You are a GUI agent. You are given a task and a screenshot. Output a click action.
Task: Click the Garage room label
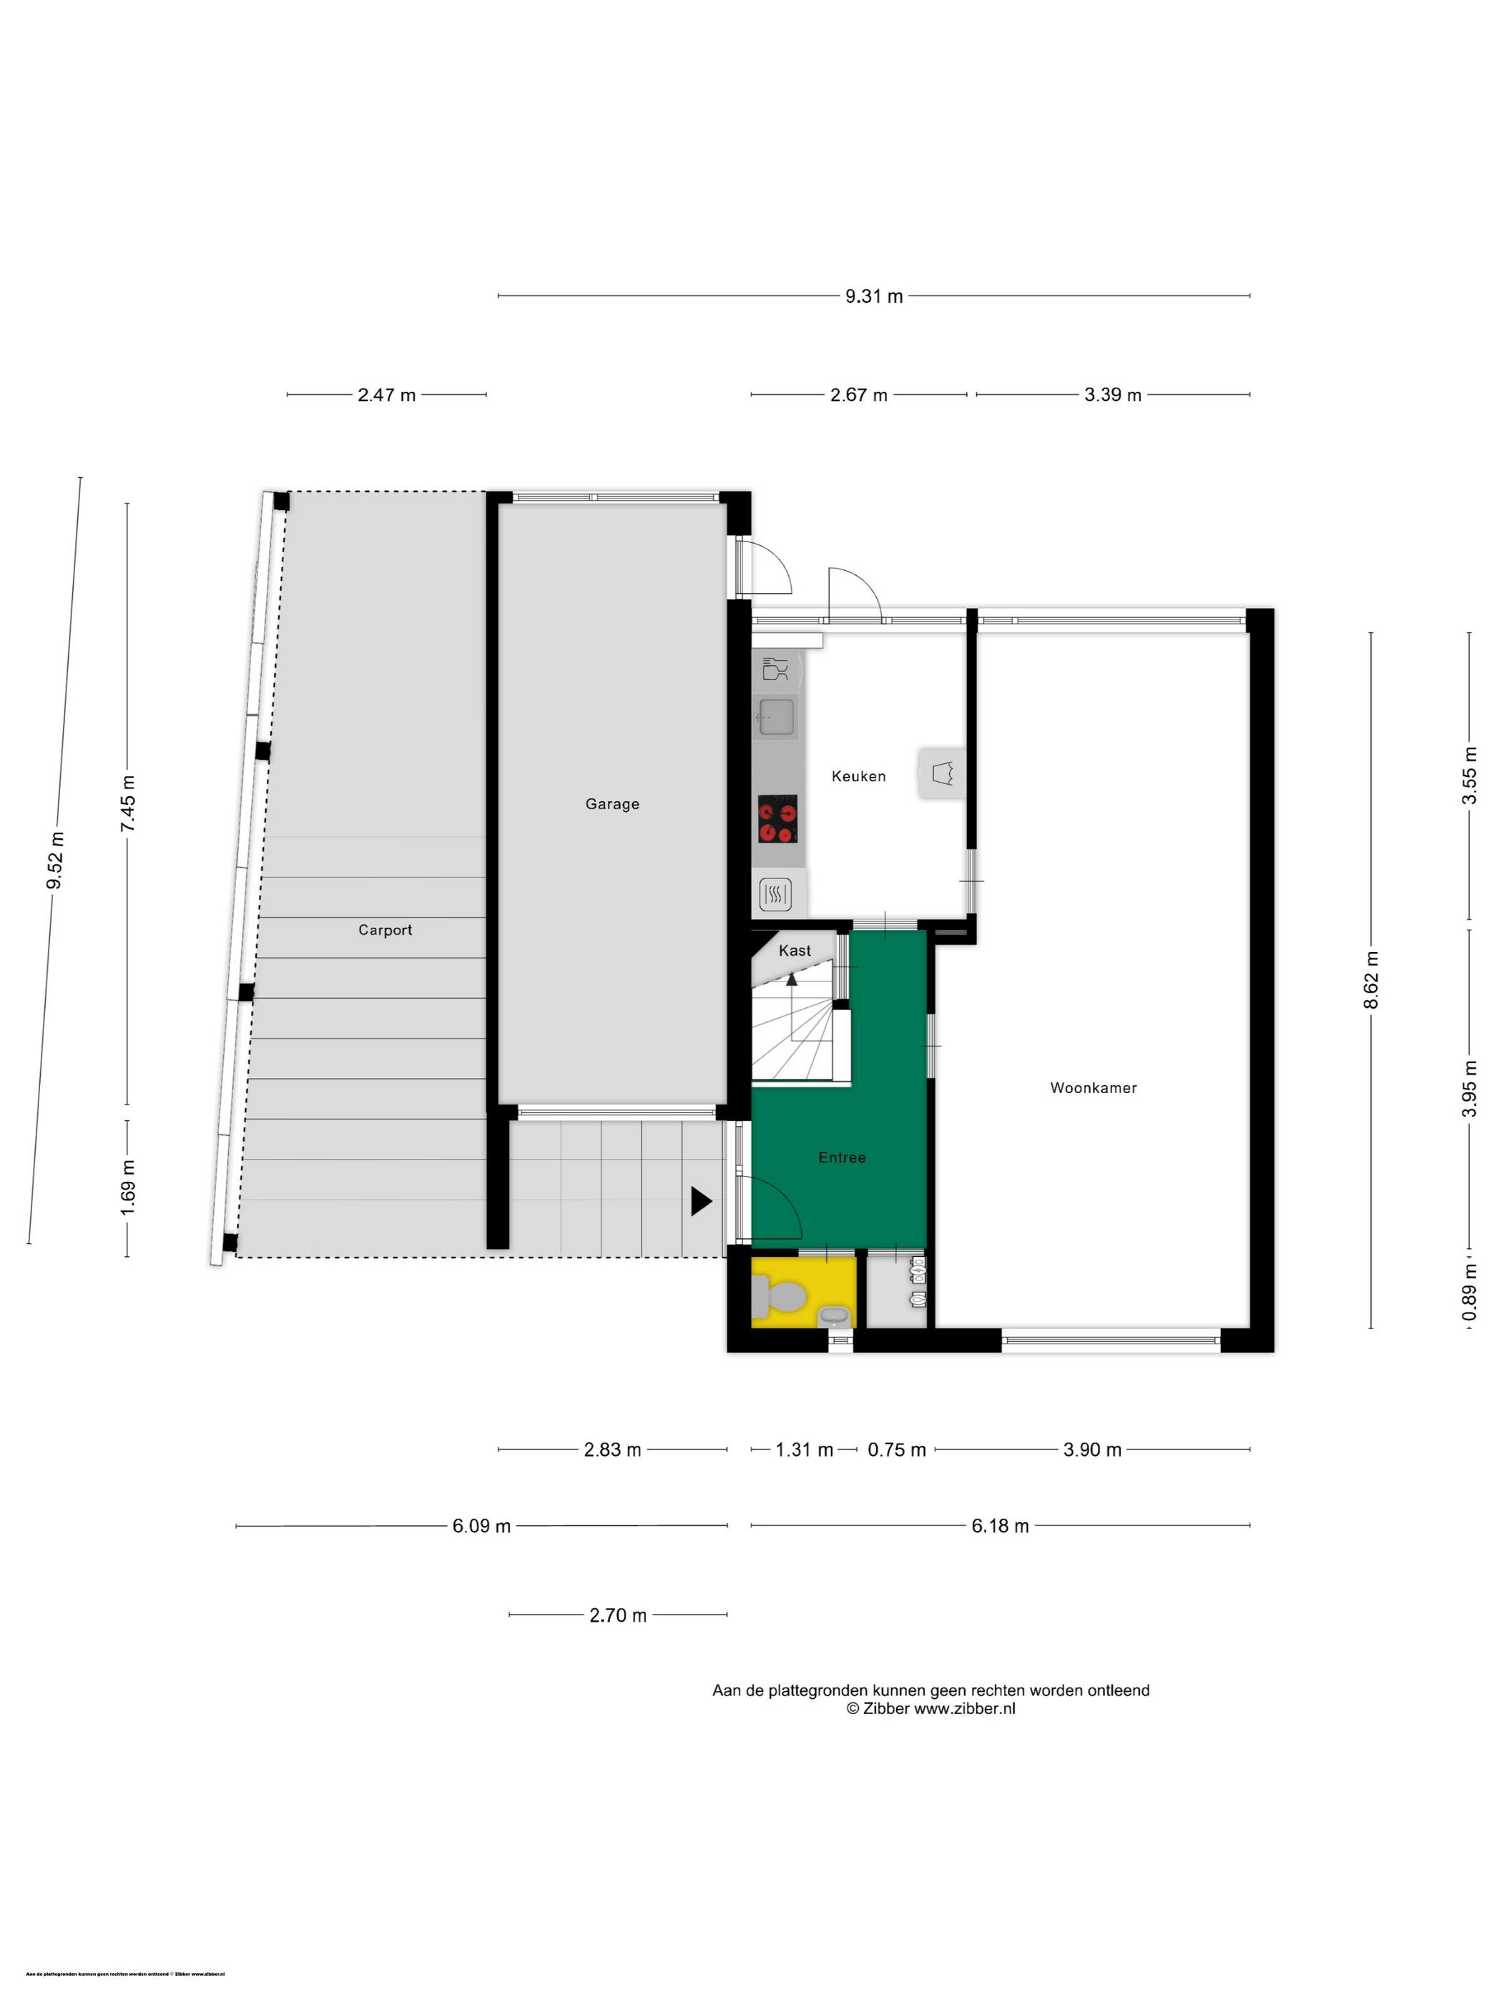[x=612, y=804]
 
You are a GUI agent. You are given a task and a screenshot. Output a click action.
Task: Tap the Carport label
[x=385, y=930]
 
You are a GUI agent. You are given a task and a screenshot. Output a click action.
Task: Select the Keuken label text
[x=858, y=776]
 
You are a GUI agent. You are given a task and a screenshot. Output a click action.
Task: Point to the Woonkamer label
[x=1093, y=1087]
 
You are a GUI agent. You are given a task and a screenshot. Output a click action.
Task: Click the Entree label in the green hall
[x=842, y=1157]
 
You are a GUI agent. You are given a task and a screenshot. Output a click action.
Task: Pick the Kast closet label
[x=795, y=951]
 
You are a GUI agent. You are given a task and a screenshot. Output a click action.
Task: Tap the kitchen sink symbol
[x=776, y=718]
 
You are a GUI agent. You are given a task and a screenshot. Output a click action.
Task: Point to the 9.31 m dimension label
[x=874, y=296]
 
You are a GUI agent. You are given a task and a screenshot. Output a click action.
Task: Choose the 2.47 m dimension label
[x=387, y=395]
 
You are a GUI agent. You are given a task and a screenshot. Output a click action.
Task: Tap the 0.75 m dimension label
[x=896, y=1450]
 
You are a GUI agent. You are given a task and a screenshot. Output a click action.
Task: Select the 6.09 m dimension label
[x=481, y=1526]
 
